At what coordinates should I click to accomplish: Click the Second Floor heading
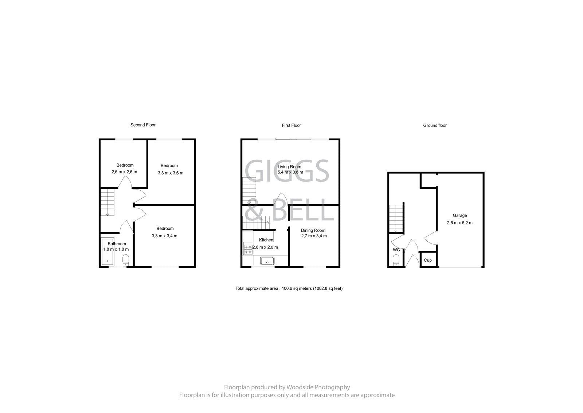coord(143,125)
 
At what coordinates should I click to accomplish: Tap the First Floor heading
coord(291,125)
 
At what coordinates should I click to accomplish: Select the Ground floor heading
coord(435,125)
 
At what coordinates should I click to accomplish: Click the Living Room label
coord(289,167)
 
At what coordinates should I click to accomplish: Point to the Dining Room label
coord(313,230)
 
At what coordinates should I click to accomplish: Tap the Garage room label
coord(459,215)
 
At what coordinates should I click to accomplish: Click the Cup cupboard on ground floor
coord(428,260)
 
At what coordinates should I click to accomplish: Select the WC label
coord(396,250)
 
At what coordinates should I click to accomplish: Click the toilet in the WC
coord(396,261)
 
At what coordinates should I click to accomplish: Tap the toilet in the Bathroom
coord(126,261)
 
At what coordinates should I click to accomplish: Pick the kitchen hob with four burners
coord(248,249)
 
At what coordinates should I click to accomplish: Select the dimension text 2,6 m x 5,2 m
coord(459,223)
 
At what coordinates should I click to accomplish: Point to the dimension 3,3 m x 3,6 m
coord(171,173)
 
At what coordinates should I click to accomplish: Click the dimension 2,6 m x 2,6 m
coord(124,172)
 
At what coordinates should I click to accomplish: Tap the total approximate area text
coord(289,288)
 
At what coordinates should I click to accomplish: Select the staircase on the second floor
coord(107,202)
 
